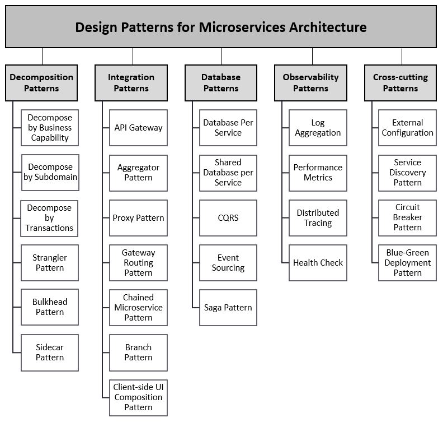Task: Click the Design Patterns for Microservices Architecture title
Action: [x=221, y=27]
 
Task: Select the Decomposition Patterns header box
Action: [x=41, y=83]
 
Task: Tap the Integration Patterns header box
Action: [x=131, y=83]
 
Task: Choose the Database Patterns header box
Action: [x=221, y=83]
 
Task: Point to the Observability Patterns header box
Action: [x=311, y=83]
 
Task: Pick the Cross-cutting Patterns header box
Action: [x=400, y=83]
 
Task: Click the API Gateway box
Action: [x=139, y=128]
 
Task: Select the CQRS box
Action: [x=228, y=218]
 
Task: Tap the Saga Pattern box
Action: [x=228, y=308]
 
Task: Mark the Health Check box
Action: [x=318, y=263]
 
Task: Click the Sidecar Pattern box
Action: [x=50, y=353]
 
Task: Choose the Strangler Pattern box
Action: [x=50, y=263]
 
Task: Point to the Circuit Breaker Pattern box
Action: [x=407, y=218]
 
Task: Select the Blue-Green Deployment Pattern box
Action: [x=407, y=263]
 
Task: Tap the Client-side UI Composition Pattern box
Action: [x=139, y=398]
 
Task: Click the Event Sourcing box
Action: [x=228, y=263]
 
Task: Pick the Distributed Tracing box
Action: [x=318, y=218]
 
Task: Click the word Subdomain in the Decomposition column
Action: [x=60, y=177]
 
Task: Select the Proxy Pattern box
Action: [x=139, y=218]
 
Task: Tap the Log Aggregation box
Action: [x=318, y=128]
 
